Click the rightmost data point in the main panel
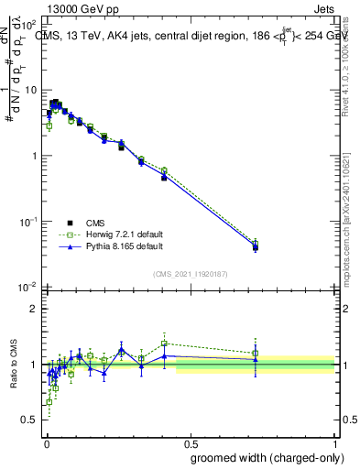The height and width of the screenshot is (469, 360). point(256,246)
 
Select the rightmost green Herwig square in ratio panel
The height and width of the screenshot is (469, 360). point(256,353)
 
